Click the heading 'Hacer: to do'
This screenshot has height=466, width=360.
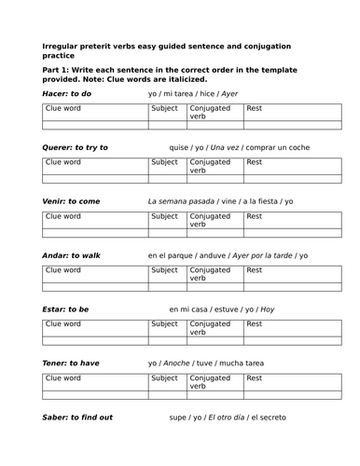pos(68,94)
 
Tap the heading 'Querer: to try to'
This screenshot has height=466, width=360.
pos(76,147)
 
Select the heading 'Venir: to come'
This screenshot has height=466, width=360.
pos(72,201)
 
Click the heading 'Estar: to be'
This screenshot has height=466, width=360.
pos(66,309)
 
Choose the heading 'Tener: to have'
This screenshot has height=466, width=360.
pos(71,363)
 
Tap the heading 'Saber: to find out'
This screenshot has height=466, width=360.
pos(78,418)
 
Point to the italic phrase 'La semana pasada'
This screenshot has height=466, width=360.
pos(181,201)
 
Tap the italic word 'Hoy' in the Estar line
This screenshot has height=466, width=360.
pos(268,309)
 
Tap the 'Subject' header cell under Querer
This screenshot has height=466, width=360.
pos(164,163)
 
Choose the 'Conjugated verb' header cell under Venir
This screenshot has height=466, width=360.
pos(212,221)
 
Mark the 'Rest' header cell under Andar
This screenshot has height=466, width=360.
pos(255,271)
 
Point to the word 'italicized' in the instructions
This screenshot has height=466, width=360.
pos(179,78)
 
